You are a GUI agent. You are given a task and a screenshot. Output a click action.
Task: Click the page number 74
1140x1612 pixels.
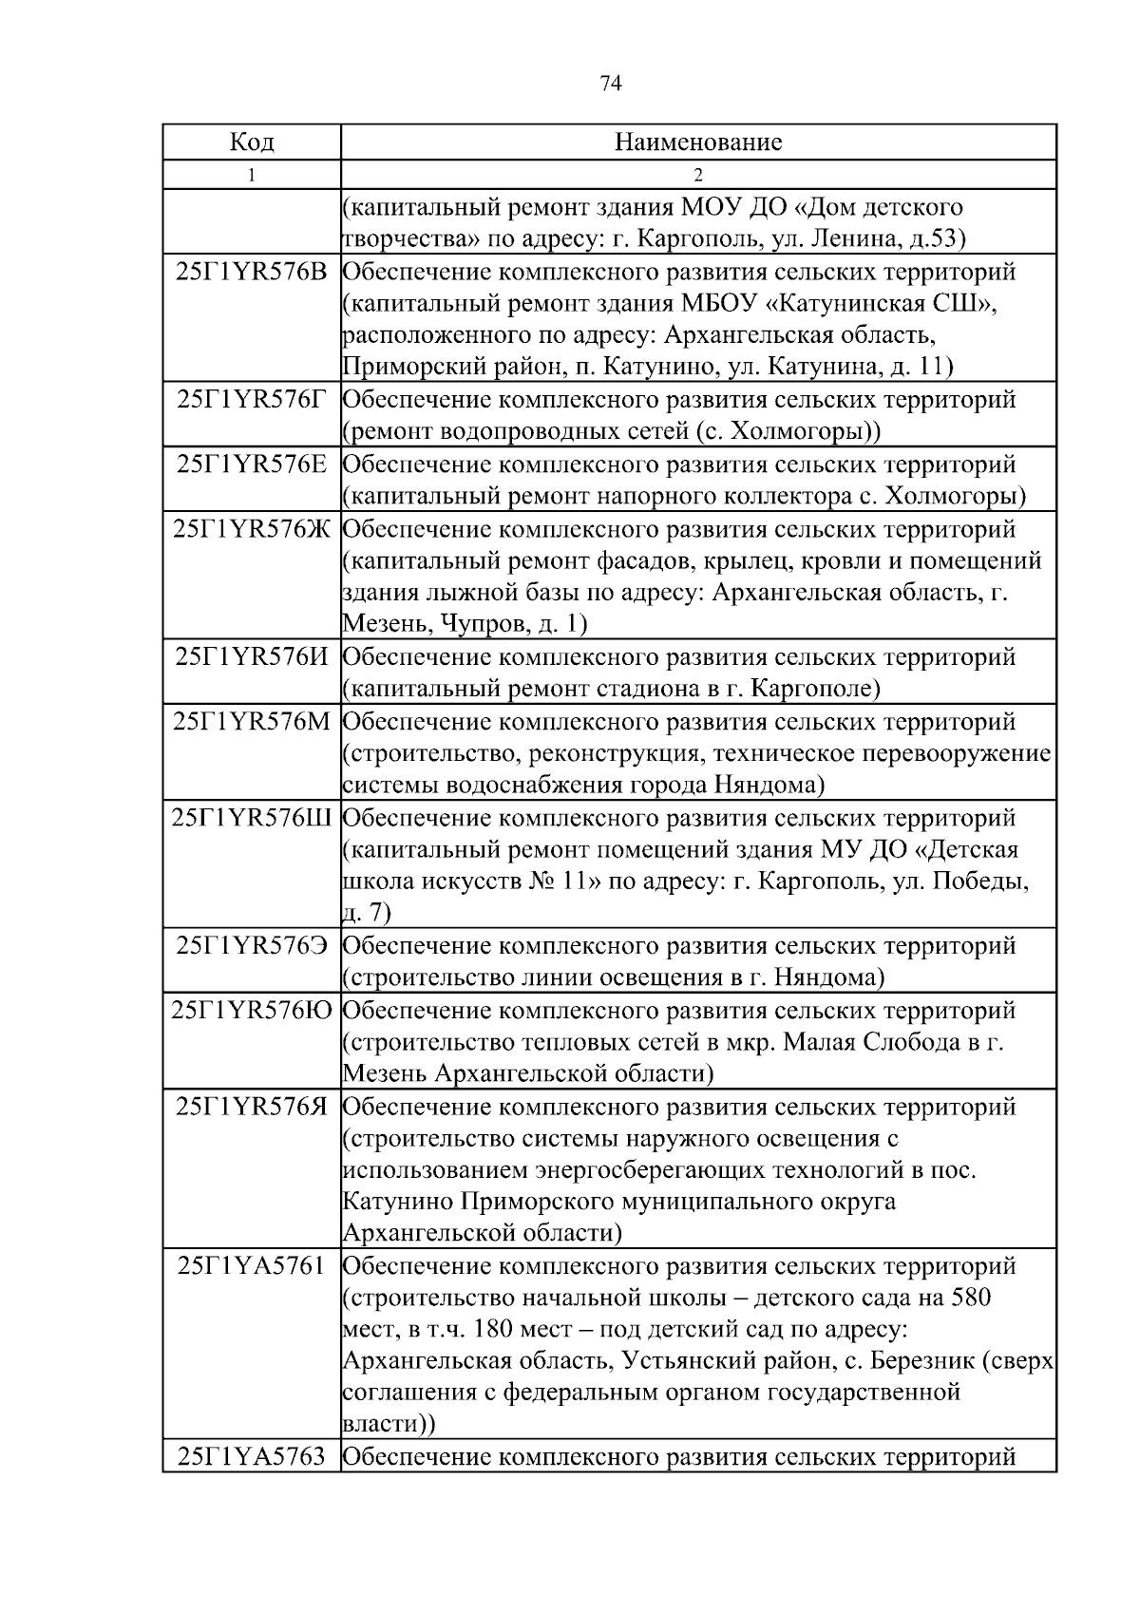pyautogui.click(x=611, y=85)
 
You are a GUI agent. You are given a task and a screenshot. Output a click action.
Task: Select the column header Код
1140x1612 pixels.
pyautogui.click(x=252, y=142)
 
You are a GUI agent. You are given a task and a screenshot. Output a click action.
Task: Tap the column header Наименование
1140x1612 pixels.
pyautogui.click(x=698, y=142)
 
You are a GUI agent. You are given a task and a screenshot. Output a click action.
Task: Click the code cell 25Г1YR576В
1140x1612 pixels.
pyautogui.click(x=252, y=272)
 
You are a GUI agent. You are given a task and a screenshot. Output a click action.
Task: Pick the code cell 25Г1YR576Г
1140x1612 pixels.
pyautogui.click(x=252, y=399)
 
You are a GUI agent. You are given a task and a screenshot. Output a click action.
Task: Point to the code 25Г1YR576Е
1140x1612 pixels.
pyautogui.click(x=252, y=465)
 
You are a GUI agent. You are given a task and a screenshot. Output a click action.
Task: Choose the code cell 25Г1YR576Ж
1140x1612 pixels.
pyautogui.click(x=252, y=529)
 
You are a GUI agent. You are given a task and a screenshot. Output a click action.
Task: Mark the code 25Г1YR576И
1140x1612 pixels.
pyautogui.click(x=252, y=657)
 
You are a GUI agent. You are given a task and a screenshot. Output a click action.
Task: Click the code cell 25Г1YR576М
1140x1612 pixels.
pyautogui.click(x=252, y=722)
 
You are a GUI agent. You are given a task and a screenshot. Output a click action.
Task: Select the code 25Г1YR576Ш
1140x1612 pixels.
pyautogui.click(x=252, y=818)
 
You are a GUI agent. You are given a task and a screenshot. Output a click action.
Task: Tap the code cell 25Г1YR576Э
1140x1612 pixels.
pyautogui.click(x=252, y=946)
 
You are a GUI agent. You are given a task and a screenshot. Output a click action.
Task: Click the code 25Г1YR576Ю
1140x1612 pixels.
pyautogui.click(x=252, y=1011)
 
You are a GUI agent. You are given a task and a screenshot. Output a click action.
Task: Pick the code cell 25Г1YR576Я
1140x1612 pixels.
pyautogui.click(x=252, y=1107)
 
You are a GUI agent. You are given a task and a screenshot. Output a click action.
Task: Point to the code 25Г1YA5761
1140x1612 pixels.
pyautogui.click(x=252, y=1266)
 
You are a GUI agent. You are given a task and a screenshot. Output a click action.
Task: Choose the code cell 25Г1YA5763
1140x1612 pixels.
pyautogui.click(x=252, y=1456)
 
